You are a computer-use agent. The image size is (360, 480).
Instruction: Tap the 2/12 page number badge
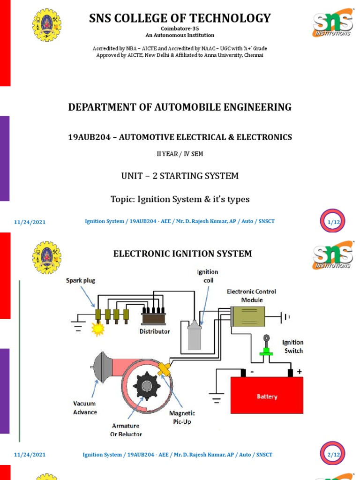[x=333, y=454]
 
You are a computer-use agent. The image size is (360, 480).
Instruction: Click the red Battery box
[x=266, y=396]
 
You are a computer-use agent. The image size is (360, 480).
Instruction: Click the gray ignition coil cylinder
[x=195, y=336]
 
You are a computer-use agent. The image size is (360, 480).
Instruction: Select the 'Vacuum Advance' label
[x=85, y=408]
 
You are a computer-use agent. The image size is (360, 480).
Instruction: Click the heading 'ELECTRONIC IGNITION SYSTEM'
[x=182, y=254]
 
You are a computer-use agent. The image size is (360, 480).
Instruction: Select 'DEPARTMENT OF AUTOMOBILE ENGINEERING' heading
[x=180, y=107]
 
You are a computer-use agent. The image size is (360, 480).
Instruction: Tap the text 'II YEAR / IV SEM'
[x=180, y=154]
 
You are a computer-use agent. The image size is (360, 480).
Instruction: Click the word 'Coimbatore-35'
[x=180, y=28]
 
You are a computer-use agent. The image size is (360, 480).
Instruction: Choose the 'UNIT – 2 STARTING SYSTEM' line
[x=180, y=176]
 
